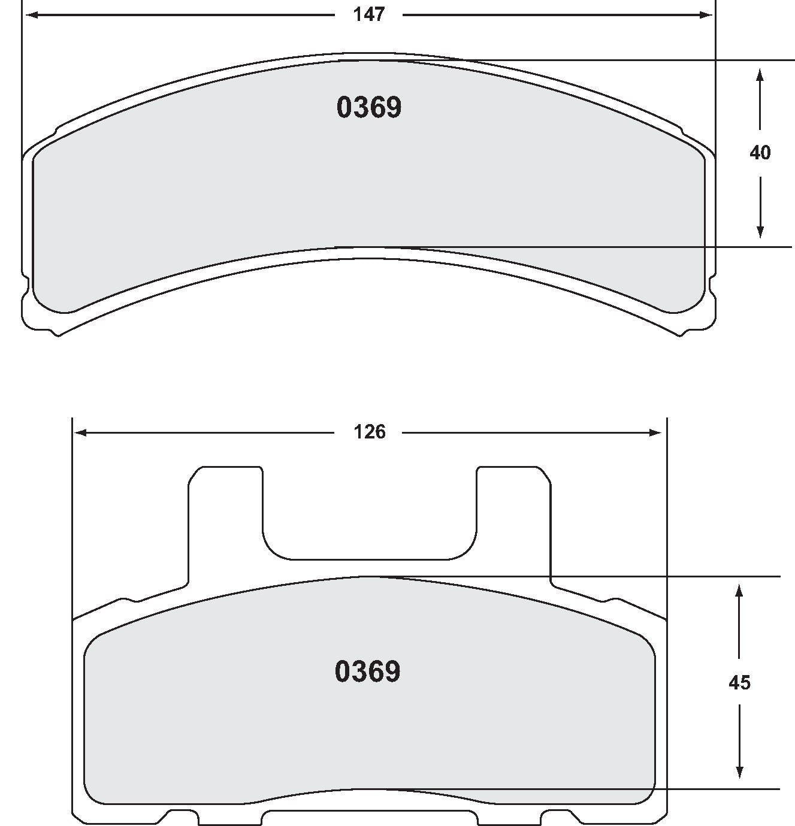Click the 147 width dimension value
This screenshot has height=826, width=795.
tap(368, 15)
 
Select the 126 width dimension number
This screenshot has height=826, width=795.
tap(370, 432)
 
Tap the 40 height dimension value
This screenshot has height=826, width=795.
tap(760, 153)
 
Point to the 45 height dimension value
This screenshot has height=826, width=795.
tap(739, 682)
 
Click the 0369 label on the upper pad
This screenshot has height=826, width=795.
tap(369, 108)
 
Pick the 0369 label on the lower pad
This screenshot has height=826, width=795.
tap(368, 671)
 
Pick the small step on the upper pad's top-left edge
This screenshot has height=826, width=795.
tap(58, 129)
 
